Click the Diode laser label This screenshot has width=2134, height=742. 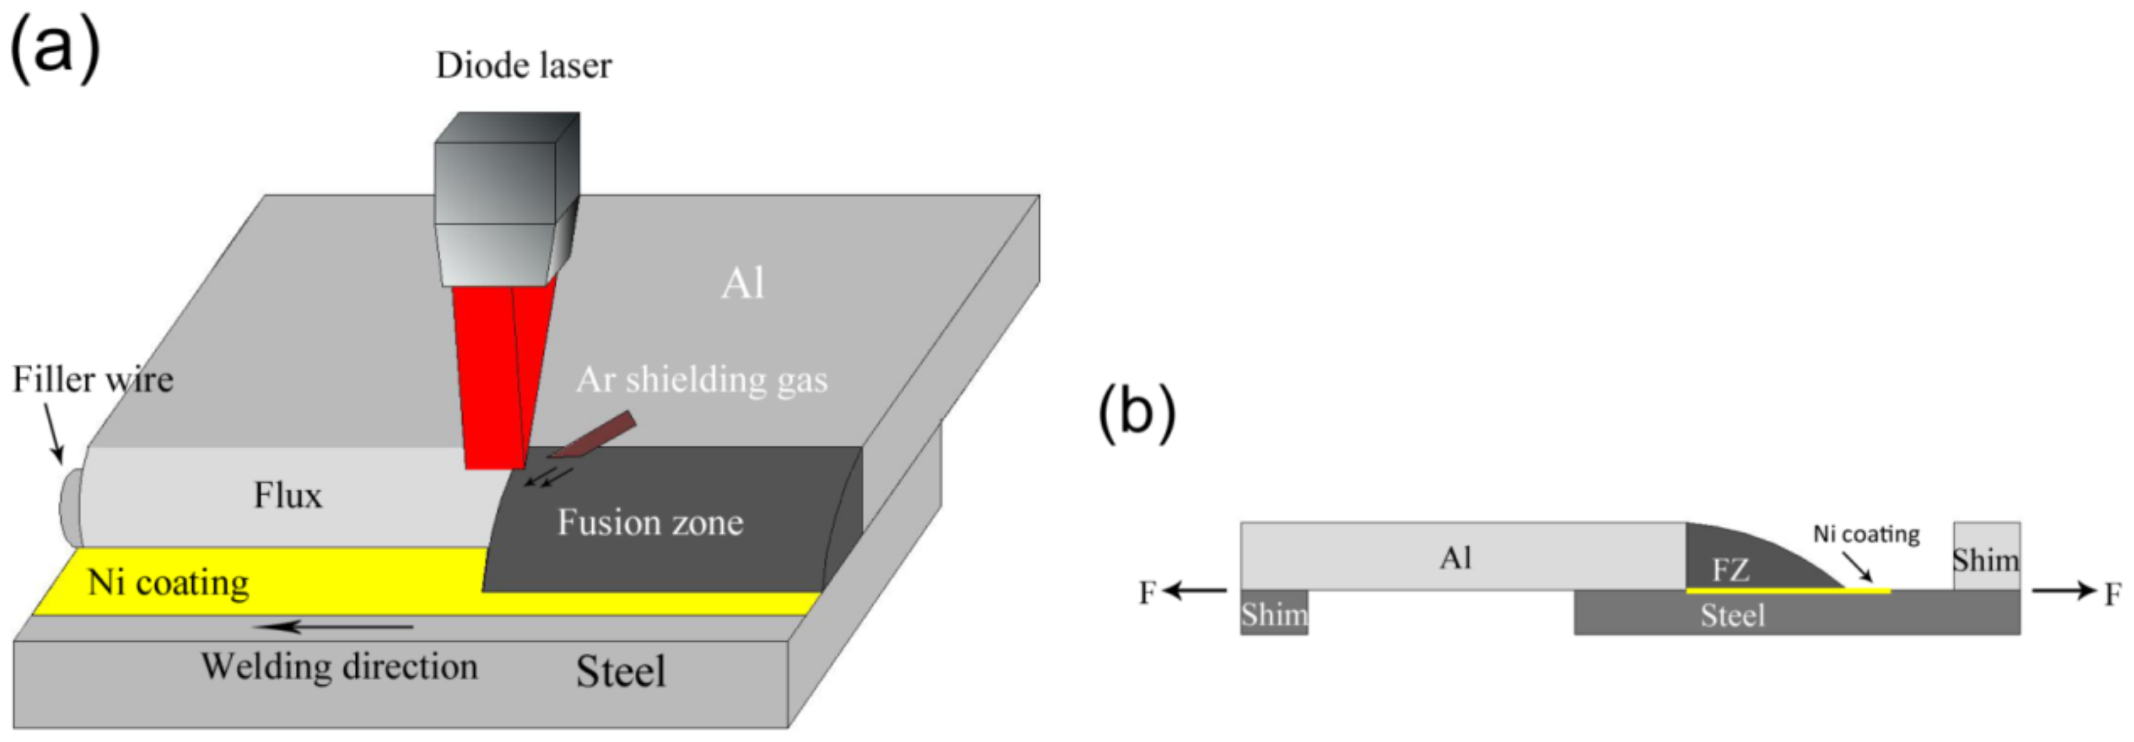(524, 66)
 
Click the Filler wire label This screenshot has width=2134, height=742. (93, 380)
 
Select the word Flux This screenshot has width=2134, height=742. (287, 496)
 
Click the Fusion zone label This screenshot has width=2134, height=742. (650, 523)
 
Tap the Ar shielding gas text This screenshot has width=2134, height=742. (702, 380)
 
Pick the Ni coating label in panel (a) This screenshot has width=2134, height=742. (168, 583)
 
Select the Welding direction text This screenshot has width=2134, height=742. (339, 667)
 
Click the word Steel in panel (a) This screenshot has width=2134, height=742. (621, 672)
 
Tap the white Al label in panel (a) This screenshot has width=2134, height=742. (743, 284)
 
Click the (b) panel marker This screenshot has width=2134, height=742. (1137, 412)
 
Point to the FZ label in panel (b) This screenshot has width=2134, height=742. (1730, 570)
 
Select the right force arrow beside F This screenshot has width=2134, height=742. (2063, 591)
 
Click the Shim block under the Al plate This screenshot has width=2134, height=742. (1274, 613)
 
